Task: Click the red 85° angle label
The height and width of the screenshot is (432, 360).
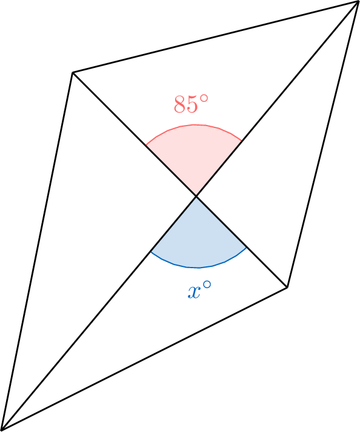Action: tap(192, 104)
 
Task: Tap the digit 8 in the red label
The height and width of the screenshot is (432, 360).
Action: tap(179, 104)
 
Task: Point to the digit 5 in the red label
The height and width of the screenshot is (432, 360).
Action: tap(192, 104)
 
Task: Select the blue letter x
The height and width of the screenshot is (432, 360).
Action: tap(194, 292)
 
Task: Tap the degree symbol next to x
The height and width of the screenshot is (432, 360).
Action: tap(207, 285)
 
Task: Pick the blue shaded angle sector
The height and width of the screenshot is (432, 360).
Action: tap(198, 240)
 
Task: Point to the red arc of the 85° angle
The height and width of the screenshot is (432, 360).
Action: tap(193, 125)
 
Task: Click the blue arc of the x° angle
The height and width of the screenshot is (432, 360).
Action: tap(198, 267)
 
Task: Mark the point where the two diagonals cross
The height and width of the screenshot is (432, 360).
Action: tap(196, 196)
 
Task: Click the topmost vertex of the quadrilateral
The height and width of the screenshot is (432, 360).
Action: tap(358, 2)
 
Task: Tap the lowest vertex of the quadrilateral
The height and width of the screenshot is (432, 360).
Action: tap(1, 430)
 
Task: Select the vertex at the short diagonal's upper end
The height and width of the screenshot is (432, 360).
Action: tap(73, 72)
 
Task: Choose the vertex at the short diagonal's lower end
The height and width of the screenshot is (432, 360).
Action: tap(287, 288)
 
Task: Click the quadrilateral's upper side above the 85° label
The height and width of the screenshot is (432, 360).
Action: tap(215, 37)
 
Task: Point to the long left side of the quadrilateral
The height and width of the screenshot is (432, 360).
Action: tap(37, 251)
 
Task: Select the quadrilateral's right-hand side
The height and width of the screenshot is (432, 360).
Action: tap(322, 144)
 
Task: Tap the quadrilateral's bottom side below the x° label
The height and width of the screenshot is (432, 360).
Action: tap(144, 359)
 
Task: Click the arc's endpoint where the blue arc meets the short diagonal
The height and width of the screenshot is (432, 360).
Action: tap(247, 248)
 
